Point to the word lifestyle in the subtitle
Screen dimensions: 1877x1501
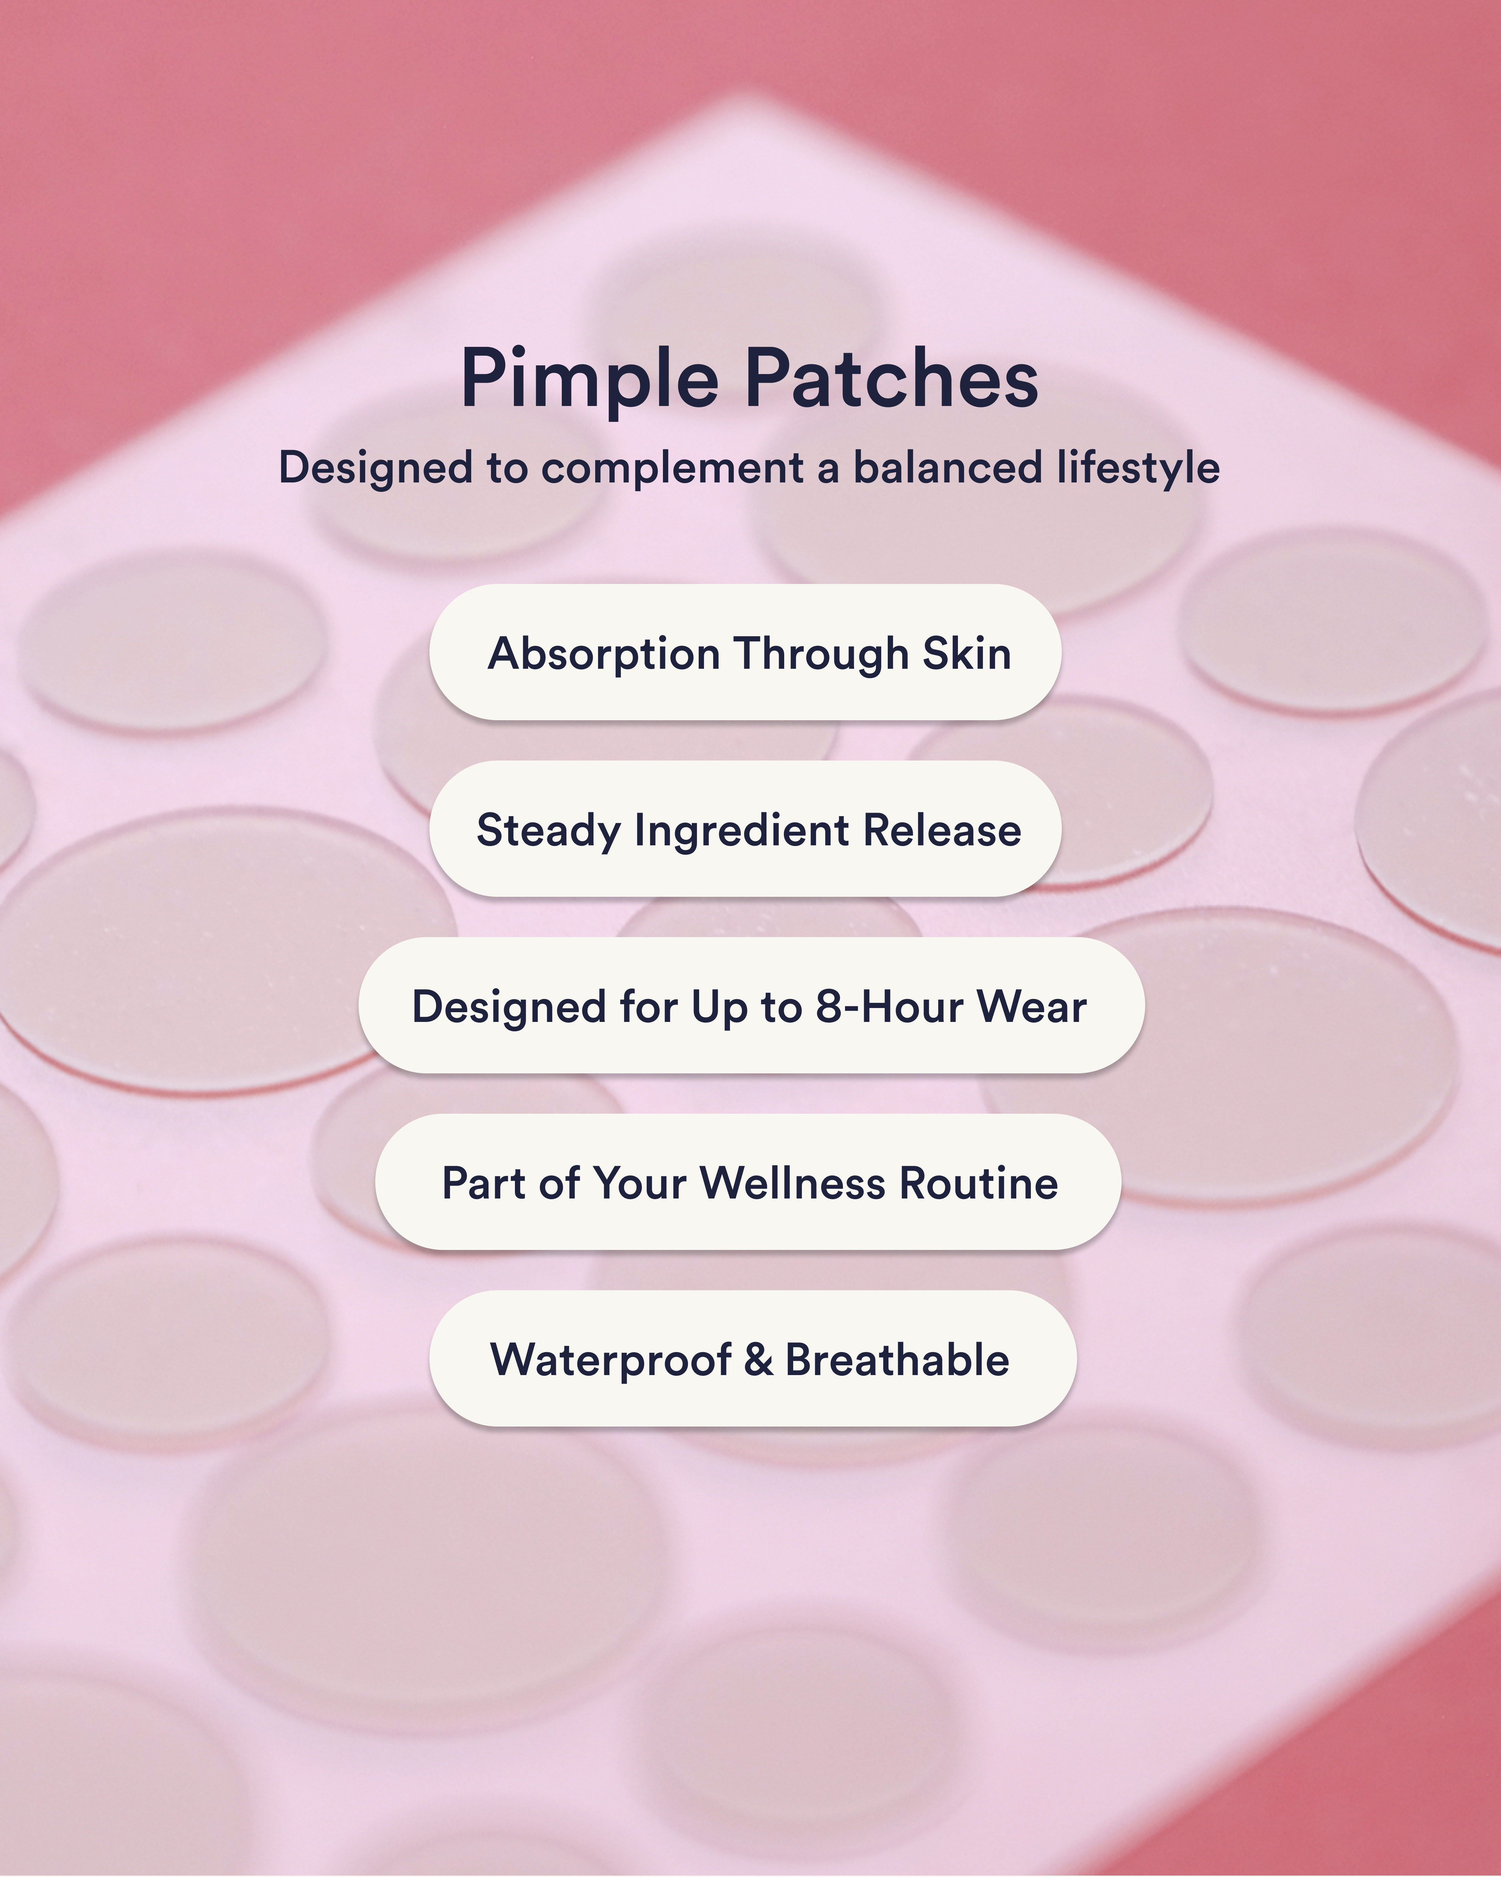tap(1138, 468)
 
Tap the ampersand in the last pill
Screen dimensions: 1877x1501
tap(758, 1360)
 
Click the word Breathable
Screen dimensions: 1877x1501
tap(897, 1360)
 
